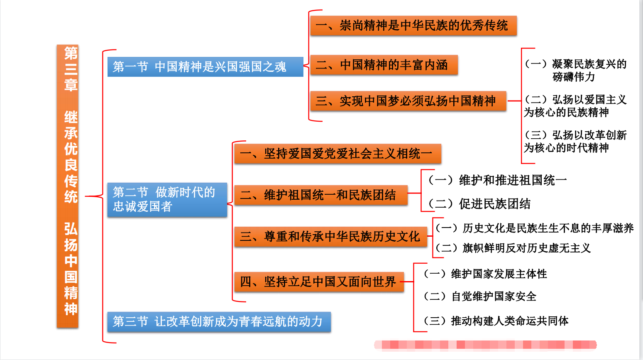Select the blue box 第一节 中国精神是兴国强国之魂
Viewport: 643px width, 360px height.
tap(205, 66)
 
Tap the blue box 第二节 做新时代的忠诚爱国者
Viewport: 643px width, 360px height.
tap(167, 199)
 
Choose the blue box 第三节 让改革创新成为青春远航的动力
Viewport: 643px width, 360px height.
tap(219, 321)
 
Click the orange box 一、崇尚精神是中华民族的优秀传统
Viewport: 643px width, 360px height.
tap(413, 26)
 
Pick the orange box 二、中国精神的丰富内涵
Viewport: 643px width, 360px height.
tap(384, 65)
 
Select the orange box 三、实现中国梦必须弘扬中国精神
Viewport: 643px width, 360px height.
tap(408, 101)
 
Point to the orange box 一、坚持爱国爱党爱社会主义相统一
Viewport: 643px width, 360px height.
tap(337, 154)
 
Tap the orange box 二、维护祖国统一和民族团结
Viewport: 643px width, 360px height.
tap(320, 195)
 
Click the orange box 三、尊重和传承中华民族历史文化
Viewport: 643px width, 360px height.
tap(330, 236)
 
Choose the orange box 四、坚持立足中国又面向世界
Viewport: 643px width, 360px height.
tap(319, 282)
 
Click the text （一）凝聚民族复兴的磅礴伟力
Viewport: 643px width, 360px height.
tap(575, 70)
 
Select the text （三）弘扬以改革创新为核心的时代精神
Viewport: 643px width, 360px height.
tap(575, 141)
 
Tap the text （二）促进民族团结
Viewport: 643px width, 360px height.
tap(479, 204)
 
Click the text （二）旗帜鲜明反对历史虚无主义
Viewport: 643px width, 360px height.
tap(513, 248)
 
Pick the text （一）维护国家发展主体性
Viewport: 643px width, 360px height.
tap(485, 274)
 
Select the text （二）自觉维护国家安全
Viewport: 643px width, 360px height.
tap(479, 296)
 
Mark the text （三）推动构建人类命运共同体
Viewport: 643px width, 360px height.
tap(496, 321)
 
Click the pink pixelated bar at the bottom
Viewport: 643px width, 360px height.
tap(485, 345)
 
